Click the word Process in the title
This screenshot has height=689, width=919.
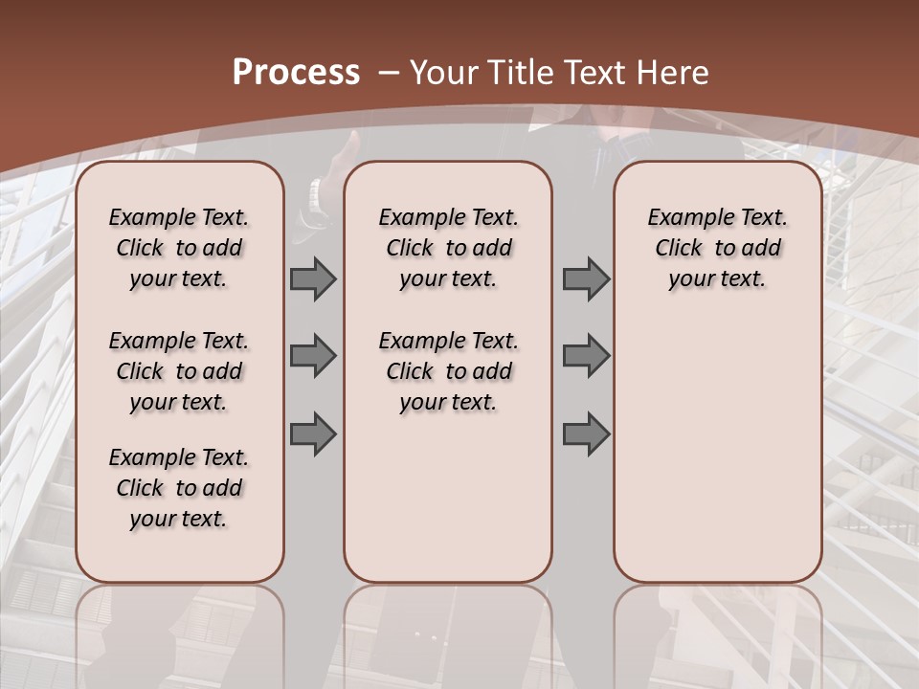click(x=296, y=72)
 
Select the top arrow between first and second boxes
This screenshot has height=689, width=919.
click(x=313, y=279)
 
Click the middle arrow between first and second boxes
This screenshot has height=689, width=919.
click(x=313, y=356)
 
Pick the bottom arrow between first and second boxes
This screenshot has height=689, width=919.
click(x=313, y=434)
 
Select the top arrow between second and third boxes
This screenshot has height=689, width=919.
click(x=586, y=279)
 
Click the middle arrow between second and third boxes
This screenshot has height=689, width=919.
click(x=586, y=356)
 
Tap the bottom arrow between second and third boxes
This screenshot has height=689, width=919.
click(x=586, y=434)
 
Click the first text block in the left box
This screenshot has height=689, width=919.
click(x=179, y=248)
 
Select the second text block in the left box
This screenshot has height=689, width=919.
click(x=179, y=371)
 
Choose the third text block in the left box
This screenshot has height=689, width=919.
click(x=179, y=488)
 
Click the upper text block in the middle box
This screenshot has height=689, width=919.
click(x=448, y=248)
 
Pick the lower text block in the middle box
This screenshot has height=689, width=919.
click(x=448, y=371)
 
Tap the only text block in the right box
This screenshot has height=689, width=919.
click(x=717, y=248)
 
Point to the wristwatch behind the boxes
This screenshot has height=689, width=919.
click(x=314, y=198)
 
